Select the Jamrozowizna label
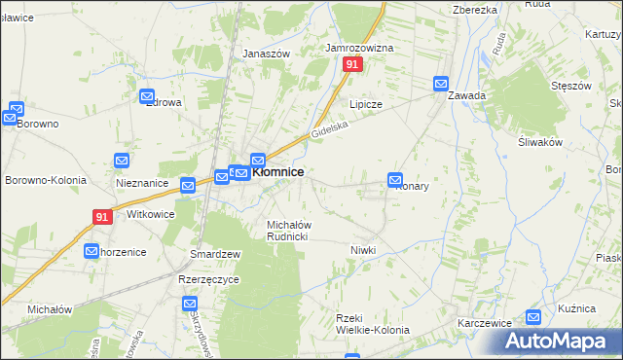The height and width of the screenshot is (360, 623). [359, 47]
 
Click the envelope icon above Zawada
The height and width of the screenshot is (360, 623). [441, 84]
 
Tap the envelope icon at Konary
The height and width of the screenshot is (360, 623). [395, 179]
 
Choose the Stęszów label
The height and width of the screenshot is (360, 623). [570, 86]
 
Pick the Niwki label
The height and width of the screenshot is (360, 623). [362, 250]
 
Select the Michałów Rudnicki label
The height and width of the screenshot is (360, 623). [288, 231]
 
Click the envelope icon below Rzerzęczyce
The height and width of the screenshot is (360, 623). [191, 304]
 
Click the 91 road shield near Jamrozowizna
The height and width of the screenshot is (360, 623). [352, 64]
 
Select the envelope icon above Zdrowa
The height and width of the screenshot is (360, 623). [148, 96]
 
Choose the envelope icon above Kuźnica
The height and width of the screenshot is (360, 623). [533, 317]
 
